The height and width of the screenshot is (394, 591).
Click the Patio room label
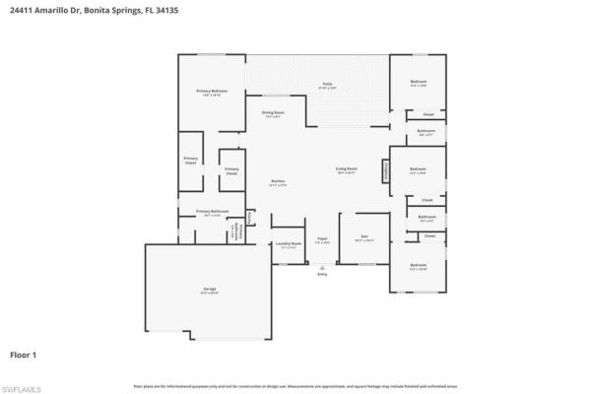[x=326, y=86]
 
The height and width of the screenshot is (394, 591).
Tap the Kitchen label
[x=279, y=182]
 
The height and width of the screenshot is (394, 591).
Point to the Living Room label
[x=346, y=169]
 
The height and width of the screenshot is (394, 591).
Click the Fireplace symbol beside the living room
[x=385, y=170]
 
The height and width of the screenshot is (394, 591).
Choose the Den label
[x=363, y=237]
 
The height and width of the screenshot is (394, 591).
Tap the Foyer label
[x=322, y=239]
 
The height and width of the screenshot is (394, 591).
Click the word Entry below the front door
[x=322, y=275]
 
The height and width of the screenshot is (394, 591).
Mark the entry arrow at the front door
[x=322, y=266]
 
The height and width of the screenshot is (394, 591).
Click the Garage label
[x=210, y=290]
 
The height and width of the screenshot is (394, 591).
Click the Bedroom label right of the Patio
[x=418, y=83]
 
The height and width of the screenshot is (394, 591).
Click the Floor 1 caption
[x=24, y=352]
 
